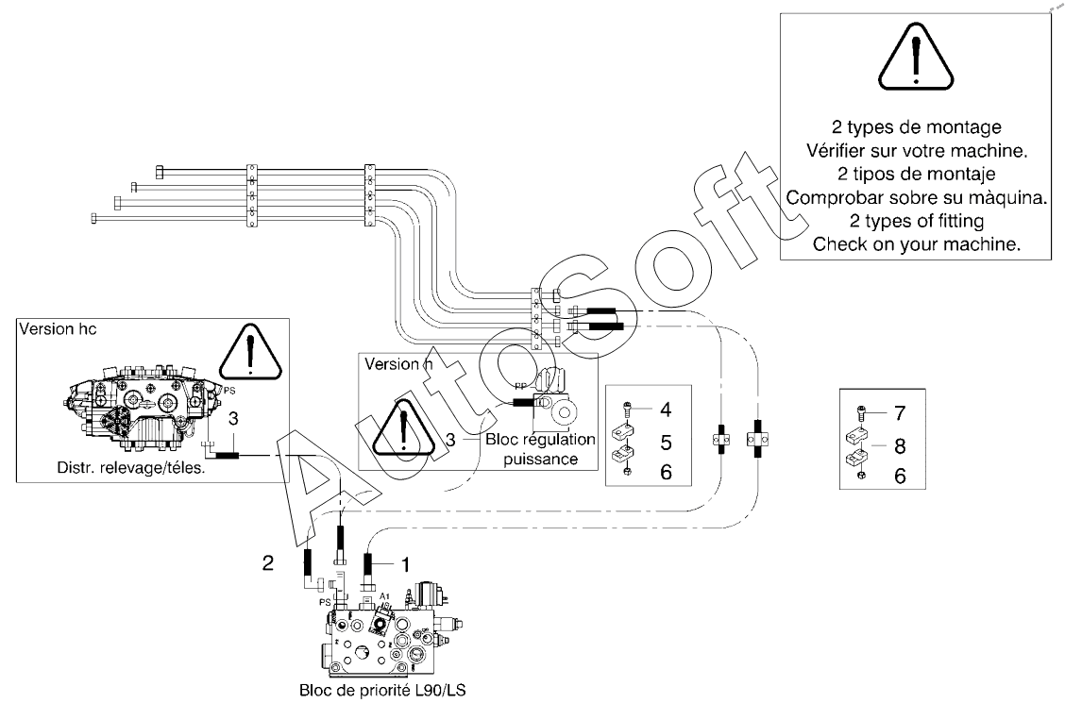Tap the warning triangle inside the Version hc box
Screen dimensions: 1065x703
[x=250, y=352]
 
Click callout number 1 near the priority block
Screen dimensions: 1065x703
[x=405, y=564]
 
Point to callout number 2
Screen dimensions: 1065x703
[x=268, y=562]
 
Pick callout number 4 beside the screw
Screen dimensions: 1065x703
[x=666, y=410]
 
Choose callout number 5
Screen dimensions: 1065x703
[x=666, y=443]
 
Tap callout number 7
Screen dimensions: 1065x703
[x=900, y=413]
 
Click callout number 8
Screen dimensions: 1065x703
[x=900, y=446]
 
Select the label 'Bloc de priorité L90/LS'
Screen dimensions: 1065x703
[x=382, y=691]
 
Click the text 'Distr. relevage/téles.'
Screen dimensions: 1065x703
[x=131, y=467]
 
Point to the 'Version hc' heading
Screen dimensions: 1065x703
[x=58, y=329]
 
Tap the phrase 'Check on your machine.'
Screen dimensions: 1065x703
[x=916, y=244]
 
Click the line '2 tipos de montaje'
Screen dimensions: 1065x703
[x=916, y=174]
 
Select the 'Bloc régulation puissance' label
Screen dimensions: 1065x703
[x=541, y=449]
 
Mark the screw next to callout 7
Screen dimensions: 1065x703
[x=861, y=412]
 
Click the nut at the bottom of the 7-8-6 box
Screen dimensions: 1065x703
[x=861, y=475]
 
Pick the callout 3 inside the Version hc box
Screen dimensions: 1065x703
[x=233, y=419]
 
